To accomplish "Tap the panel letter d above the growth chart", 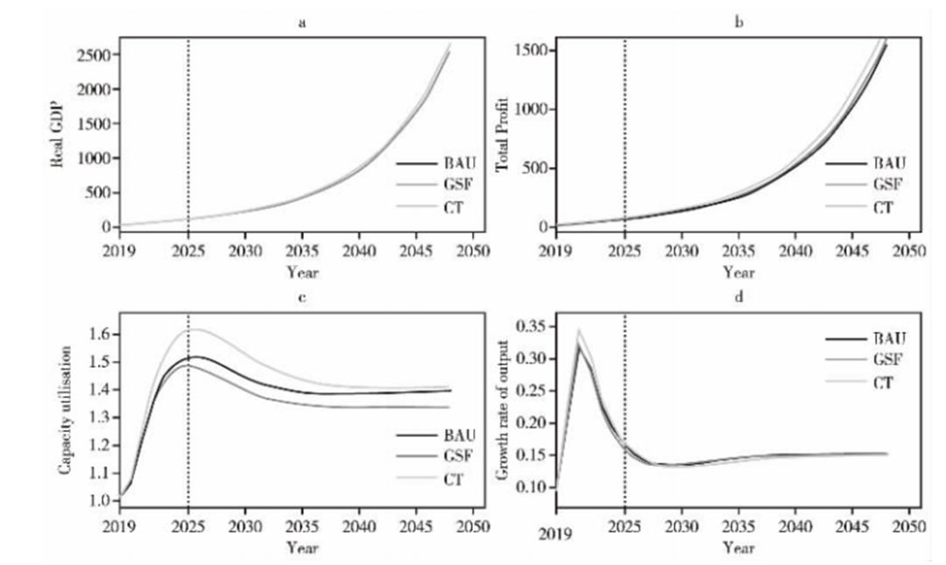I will [738, 298].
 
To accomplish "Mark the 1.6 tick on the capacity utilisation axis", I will [101, 334].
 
